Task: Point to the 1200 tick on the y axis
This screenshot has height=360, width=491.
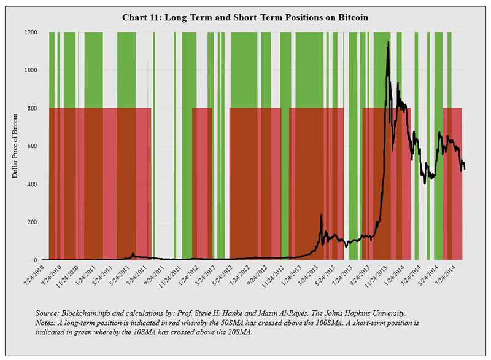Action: pos(33,32)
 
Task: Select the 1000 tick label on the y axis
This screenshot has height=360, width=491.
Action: pos(33,70)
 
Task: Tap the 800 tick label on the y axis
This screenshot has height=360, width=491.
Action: pos(34,108)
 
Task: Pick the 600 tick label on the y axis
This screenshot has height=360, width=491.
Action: pos(34,146)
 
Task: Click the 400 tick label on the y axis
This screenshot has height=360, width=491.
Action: pos(34,184)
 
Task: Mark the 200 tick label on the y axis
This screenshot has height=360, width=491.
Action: pos(34,222)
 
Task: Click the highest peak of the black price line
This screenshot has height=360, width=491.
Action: pos(388,42)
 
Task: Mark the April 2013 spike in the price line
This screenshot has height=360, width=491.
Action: pos(321,215)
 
